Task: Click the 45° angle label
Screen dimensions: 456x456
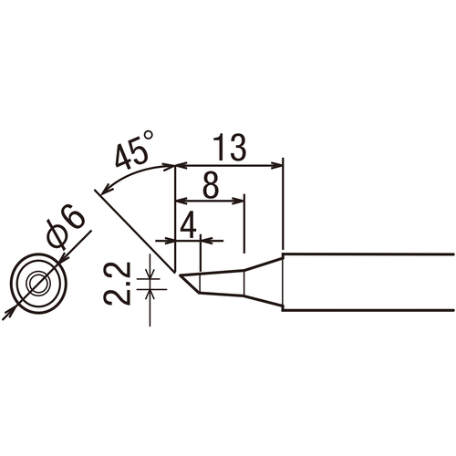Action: (x=134, y=150)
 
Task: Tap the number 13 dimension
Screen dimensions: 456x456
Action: (x=229, y=148)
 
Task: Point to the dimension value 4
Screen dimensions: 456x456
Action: (x=189, y=225)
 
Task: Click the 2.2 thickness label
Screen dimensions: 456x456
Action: (x=118, y=284)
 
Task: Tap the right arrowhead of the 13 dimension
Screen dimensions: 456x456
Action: (x=277, y=166)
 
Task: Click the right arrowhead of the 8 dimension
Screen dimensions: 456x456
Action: (x=238, y=201)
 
